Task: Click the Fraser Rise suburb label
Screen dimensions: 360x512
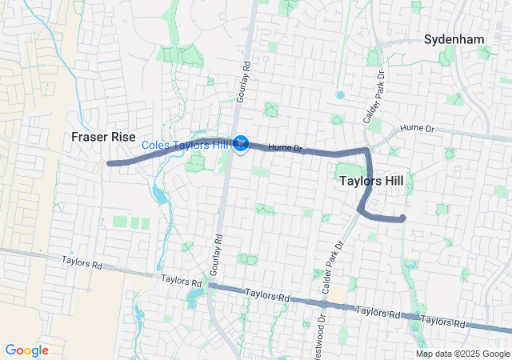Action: point(103,136)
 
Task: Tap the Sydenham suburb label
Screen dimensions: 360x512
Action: point(454,38)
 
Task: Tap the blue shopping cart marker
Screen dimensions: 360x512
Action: point(242,144)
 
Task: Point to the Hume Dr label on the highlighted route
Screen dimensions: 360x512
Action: point(284,147)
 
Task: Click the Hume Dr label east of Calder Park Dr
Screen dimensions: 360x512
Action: point(417,128)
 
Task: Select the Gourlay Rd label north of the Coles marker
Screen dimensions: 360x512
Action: point(247,60)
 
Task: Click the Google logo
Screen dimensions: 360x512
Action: point(26,350)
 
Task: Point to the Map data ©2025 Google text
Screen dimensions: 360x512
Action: point(462,354)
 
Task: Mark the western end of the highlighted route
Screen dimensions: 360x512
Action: point(109,163)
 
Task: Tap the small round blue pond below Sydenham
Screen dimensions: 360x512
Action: point(340,94)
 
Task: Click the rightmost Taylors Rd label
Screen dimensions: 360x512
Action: point(444,321)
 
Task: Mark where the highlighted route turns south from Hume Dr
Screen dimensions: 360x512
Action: point(367,150)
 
